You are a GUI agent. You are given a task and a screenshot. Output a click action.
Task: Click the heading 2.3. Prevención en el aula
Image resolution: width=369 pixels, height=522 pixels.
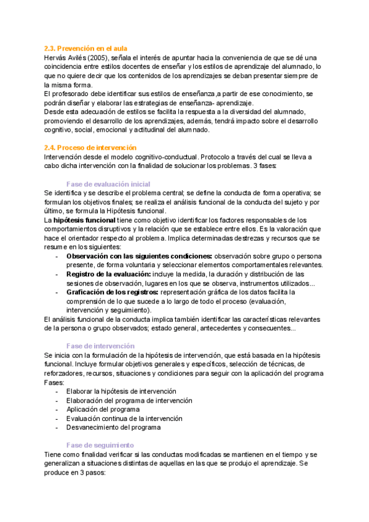click(86, 48)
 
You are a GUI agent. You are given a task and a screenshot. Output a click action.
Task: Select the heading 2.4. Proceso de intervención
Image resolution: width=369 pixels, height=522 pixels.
click(90, 148)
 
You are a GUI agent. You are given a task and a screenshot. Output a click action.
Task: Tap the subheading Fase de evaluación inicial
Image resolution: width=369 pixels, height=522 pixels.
click(108, 184)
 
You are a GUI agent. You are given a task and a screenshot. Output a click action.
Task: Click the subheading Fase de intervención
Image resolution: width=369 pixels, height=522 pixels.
click(100, 346)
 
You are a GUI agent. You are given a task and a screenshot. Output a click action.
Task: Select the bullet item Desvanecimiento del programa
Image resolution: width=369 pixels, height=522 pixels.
click(114, 427)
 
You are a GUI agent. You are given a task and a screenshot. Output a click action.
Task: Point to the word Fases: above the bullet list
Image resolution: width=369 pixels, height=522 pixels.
click(54, 382)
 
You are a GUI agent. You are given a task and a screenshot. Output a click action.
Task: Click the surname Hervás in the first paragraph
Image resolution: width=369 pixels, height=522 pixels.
click(55, 57)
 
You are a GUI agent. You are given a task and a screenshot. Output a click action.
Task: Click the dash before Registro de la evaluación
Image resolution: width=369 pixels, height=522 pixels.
click(57, 273)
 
